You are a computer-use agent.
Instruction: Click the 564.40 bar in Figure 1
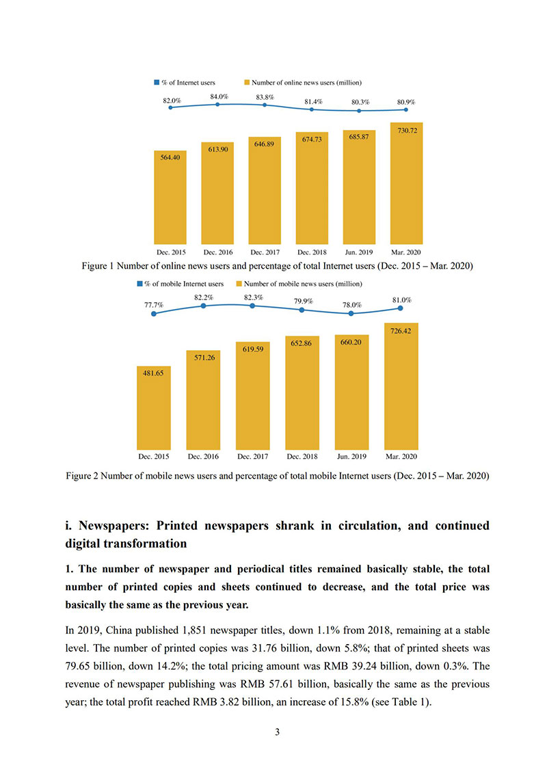pyautogui.click(x=170, y=198)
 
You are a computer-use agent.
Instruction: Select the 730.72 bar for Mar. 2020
pyautogui.click(x=406, y=183)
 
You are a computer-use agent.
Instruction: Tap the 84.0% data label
pyautogui.click(x=219, y=97)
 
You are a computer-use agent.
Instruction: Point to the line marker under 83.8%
pyautogui.click(x=265, y=105)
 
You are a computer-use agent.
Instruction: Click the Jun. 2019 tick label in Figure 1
pyautogui.click(x=359, y=252)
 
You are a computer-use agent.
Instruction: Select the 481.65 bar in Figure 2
pyautogui.click(x=154, y=408)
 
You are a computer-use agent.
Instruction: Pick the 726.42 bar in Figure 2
pyautogui.click(x=401, y=386)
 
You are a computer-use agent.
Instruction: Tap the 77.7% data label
pyautogui.click(x=154, y=305)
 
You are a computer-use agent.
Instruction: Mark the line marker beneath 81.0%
pyautogui.click(x=401, y=308)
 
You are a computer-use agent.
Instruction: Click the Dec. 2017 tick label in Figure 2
pyautogui.click(x=253, y=457)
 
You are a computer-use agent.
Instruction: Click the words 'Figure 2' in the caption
pyautogui.click(x=82, y=476)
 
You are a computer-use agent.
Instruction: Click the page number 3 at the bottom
pyautogui.click(x=278, y=732)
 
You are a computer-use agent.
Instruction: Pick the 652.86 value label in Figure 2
pyautogui.click(x=301, y=343)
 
